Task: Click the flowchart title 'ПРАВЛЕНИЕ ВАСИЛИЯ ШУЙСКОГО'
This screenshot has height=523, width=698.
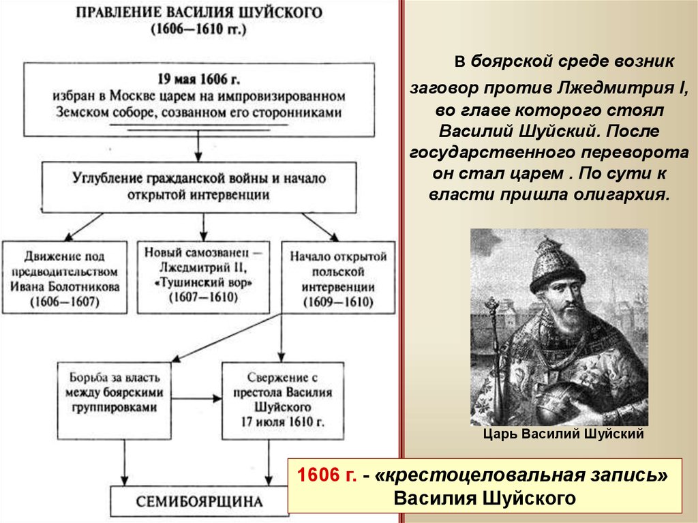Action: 199,12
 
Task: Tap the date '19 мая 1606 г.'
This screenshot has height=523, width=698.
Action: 198,79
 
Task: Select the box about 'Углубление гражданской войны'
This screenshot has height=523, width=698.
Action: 199,187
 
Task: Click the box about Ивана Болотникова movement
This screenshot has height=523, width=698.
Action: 65,278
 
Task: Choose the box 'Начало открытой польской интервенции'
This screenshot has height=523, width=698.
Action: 338,278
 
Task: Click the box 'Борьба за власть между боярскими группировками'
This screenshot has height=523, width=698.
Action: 114,400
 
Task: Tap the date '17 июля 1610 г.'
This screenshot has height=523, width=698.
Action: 283,422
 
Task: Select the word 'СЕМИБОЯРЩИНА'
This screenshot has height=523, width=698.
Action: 199,502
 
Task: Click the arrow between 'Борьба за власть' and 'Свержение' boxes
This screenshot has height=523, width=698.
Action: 196,398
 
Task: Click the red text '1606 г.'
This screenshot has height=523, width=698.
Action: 327,475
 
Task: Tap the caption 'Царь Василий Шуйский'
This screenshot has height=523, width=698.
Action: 564,434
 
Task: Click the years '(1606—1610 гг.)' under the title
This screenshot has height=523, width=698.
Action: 198,29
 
